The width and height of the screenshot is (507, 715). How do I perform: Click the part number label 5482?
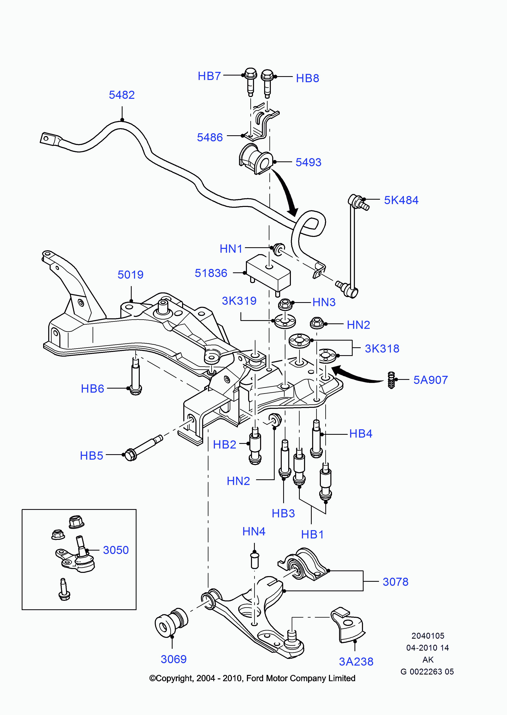(122, 95)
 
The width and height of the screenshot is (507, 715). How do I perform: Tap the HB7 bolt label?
(209, 76)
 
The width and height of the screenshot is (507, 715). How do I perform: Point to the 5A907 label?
(430, 380)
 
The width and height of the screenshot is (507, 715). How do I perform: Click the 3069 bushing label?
(174, 659)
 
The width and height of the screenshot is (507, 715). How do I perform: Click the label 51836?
(211, 273)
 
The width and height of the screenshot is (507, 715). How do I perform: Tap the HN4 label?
(254, 531)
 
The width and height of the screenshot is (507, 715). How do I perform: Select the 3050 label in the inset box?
(116, 550)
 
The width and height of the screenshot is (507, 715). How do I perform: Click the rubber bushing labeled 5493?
(255, 159)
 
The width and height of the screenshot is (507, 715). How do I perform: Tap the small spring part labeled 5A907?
(391, 380)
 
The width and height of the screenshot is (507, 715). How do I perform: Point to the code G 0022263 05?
(427, 671)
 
